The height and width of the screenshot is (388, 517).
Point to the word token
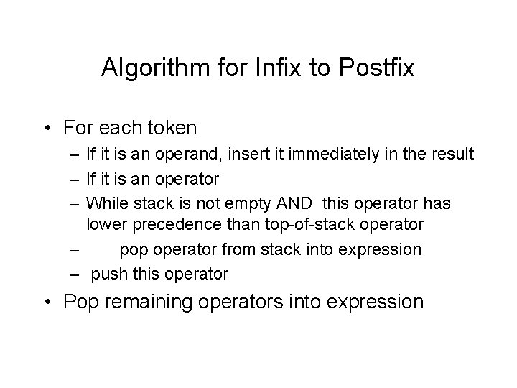point(172,128)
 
